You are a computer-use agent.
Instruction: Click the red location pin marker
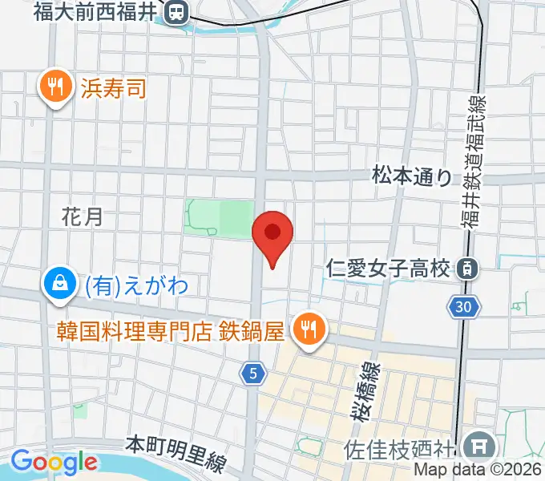tap(272, 235)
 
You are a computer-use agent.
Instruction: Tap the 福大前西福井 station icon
tap(175, 11)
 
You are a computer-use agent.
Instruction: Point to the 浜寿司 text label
tap(114, 87)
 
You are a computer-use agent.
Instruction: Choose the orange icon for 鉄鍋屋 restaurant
tap(307, 329)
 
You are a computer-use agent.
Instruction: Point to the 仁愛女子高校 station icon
tap(465, 269)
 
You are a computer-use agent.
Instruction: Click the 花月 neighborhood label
tap(83, 216)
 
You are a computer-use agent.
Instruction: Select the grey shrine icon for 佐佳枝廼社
tap(481, 443)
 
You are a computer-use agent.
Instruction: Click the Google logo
tap(54, 462)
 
